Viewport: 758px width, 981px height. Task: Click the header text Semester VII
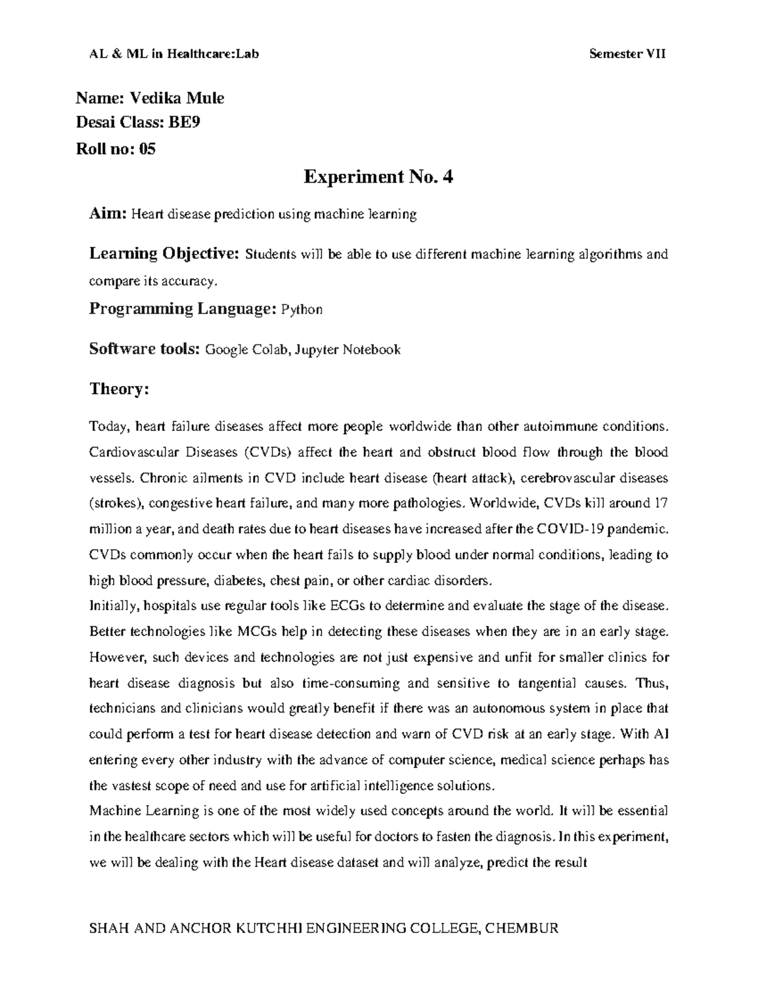click(627, 54)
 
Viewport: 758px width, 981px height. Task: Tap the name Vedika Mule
click(177, 98)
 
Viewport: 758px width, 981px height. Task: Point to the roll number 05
click(146, 149)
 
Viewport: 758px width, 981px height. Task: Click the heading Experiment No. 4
click(378, 177)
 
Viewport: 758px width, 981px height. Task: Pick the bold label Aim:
click(108, 214)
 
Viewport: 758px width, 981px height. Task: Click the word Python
click(302, 310)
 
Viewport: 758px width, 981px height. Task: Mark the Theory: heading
click(119, 389)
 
